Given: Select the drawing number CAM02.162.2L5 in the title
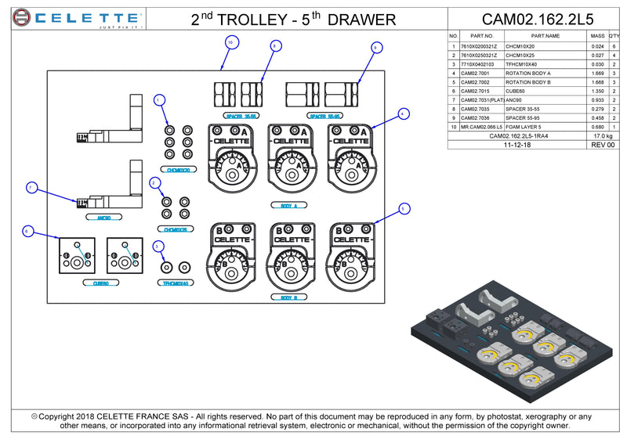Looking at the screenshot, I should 538,19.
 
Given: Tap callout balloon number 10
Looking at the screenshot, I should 230,41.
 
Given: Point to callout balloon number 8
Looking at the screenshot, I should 274,46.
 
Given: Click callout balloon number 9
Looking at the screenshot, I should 376,48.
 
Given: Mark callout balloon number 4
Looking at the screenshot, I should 404,113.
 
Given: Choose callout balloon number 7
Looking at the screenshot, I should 32,188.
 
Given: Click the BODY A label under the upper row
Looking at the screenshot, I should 287,206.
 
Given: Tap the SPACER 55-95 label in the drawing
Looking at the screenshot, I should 324,116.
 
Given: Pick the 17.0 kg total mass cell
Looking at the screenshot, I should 603,135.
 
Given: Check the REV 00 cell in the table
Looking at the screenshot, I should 603,145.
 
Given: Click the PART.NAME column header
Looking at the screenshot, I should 545,36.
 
